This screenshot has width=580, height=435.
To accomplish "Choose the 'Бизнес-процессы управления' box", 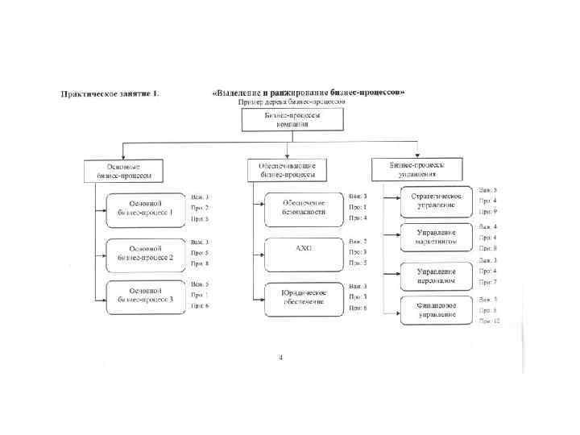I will (416, 168).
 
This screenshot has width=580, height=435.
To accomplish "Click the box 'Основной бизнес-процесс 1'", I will (145, 208).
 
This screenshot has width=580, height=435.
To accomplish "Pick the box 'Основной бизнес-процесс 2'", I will (145, 252).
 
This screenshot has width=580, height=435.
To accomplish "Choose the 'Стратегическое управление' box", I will (436, 201).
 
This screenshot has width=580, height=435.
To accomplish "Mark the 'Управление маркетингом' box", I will (436, 237).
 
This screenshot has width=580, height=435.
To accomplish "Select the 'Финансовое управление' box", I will (436, 310).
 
